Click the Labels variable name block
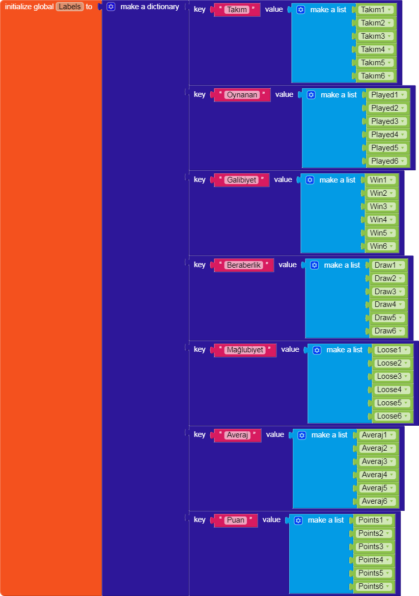pos(70,7)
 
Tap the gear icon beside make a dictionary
pos(111,7)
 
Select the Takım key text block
pos(237,10)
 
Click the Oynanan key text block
pos(242,95)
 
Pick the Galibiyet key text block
pos(241,180)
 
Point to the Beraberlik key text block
pos(244,265)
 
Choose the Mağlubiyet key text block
pos(245,350)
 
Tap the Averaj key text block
pos(237,435)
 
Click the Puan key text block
pos(236,520)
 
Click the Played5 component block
pos(384,148)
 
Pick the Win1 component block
pos(378,180)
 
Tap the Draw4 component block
pos(385,304)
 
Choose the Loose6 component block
pos(389,416)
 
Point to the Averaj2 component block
pos(374,448)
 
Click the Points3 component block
pos(371,547)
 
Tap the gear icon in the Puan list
pos(299,520)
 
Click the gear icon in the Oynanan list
pos(312,95)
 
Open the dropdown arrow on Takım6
pos(389,76)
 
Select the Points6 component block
pos(371,586)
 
